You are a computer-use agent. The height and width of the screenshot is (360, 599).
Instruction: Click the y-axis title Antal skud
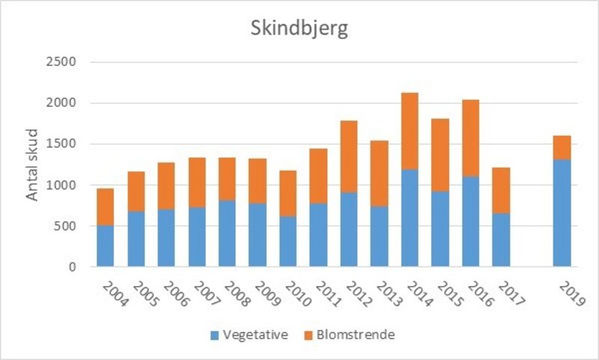(33, 165)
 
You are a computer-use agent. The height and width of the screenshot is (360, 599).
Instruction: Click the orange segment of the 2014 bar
(410, 131)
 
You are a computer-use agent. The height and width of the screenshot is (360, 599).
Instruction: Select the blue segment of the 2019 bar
(562, 213)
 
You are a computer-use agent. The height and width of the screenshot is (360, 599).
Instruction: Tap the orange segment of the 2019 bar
(562, 147)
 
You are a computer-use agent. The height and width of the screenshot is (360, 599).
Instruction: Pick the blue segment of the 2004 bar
(106, 246)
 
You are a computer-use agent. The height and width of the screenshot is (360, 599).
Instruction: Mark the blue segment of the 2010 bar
(288, 241)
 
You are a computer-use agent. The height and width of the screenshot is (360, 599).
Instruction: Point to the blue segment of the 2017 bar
(501, 240)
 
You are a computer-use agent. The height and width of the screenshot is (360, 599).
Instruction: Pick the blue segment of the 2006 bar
(166, 238)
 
